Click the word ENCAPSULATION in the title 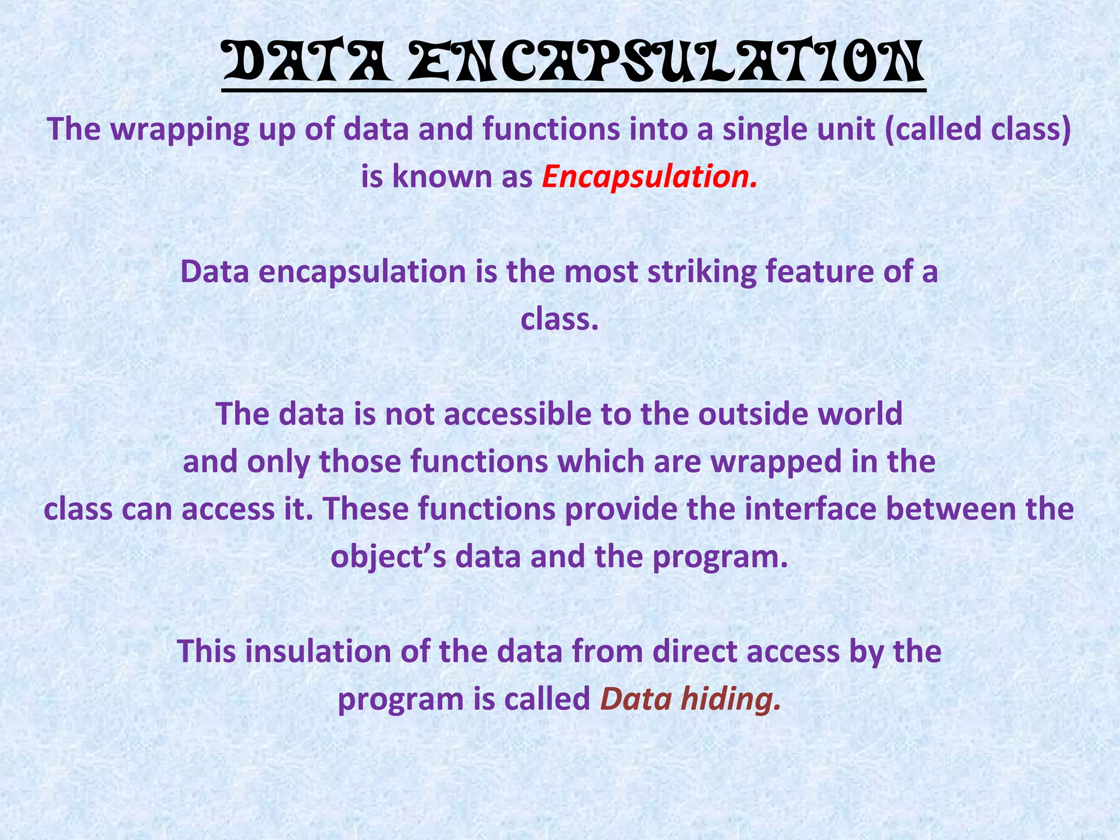point(666,64)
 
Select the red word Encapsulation point(650,177)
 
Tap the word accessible point(517,414)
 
